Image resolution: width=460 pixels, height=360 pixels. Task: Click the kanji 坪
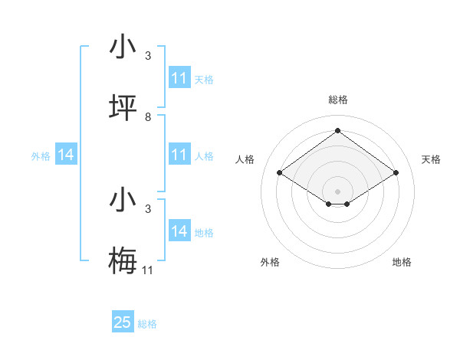pyautogui.click(x=123, y=108)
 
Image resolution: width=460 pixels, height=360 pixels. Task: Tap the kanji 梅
pyautogui.click(x=123, y=260)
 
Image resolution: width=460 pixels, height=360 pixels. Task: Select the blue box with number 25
pyautogui.click(x=123, y=322)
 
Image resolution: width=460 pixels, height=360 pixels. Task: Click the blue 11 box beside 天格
pyautogui.click(x=179, y=78)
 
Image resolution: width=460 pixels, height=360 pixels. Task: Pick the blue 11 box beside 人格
pyautogui.click(x=179, y=155)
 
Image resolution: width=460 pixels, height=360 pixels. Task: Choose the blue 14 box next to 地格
pyautogui.click(x=179, y=231)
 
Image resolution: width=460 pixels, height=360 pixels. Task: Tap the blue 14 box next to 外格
pyautogui.click(x=66, y=155)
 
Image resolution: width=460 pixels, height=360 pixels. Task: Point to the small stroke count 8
pyautogui.click(x=148, y=117)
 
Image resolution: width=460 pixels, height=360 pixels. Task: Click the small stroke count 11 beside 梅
pyautogui.click(x=148, y=270)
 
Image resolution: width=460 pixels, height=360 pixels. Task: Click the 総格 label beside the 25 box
pyautogui.click(x=147, y=324)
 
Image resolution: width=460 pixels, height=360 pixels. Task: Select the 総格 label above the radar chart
pyautogui.click(x=337, y=100)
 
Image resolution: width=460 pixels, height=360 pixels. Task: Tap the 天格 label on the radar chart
pyautogui.click(x=432, y=159)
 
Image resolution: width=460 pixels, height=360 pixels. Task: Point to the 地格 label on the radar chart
pyautogui.click(x=402, y=262)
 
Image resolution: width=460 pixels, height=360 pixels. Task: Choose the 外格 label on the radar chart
pyautogui.click(x=270, y=262)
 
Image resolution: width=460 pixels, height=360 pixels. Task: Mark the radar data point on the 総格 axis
pyautogui.click(x=337, y=130)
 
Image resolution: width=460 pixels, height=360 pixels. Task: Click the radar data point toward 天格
pyautogui.click(x=396, y=173)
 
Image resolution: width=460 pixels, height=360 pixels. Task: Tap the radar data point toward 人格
pyautogui.click(x=279, y=173)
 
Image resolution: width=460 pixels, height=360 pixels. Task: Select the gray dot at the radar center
pyautogui.click(x=337, y=191)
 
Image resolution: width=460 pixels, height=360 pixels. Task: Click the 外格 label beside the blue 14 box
pyautogui.click(x=41, y=156)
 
